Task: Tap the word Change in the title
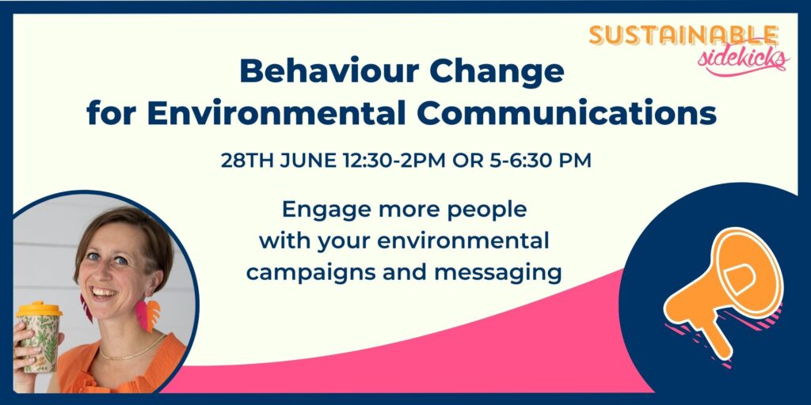[497, 72]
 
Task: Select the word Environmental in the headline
[276, 114]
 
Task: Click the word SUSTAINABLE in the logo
[683, 36]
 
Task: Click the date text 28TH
[249, 161]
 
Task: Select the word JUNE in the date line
[310, 161]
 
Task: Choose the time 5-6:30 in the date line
[521, 161]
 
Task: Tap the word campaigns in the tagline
[311, 273]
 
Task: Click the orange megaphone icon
[723, 290]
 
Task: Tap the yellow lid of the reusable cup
[39, 309]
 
